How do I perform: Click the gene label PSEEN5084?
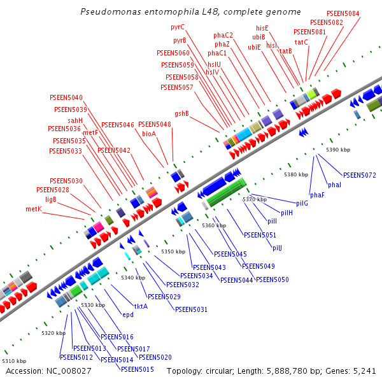(343, 13)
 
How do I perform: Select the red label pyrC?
(178, 27)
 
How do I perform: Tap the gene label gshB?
(181, 113)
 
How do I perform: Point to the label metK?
(33, 209)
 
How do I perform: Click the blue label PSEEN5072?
(360, 175)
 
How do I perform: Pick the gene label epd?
(128, 315)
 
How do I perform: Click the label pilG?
(301, 203)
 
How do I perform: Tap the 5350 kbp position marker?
(172, 252)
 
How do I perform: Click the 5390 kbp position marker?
(338, 150)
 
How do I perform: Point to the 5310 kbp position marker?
(14, 361)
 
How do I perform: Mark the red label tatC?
(301, 42)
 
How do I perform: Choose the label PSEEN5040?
(66, 97)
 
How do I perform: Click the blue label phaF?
(317, 195)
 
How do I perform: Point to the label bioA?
(149, 134)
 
